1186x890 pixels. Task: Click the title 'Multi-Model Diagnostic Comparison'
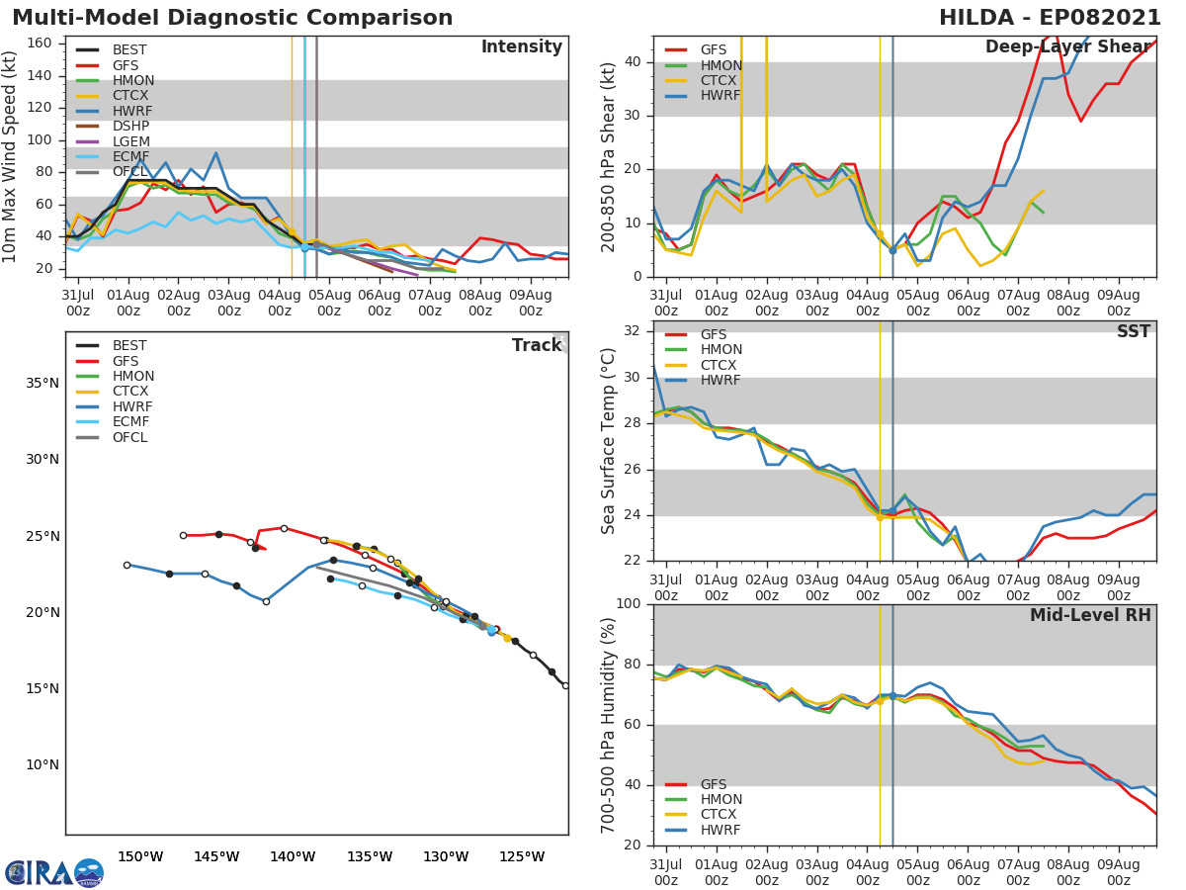click(x=232, y=18)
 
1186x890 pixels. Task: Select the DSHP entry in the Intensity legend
click(x=130, y=126)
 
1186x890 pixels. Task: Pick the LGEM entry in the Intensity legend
click(x=130, y=141)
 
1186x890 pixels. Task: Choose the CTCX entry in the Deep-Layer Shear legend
click(x=720, y=80)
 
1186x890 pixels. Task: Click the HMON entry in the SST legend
click(x=720, y=350)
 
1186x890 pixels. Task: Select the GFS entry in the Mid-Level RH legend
click(x=713, y=784)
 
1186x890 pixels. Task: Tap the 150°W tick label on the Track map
click(x=140, y=856)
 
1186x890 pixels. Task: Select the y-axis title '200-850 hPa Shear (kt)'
click(x=609, y=156)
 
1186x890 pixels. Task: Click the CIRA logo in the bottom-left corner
click(x=54, y=873)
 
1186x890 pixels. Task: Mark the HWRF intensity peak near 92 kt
click(x=215, y=153)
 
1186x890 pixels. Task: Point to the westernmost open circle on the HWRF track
click(x=127, y=565)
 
